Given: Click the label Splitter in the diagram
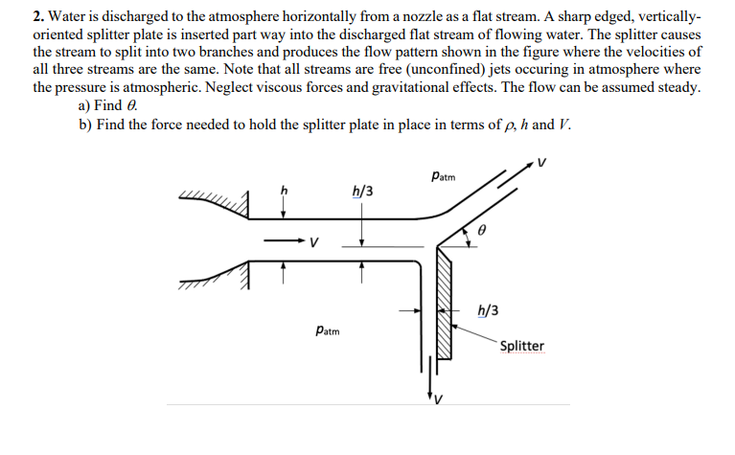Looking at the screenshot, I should coord(522,346).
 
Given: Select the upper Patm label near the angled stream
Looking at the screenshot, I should coord(444,176).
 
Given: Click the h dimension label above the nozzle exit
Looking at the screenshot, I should coord(283,188).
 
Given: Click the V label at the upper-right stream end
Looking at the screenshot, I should coord(542,162).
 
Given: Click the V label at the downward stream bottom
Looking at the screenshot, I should coord(438,399).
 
